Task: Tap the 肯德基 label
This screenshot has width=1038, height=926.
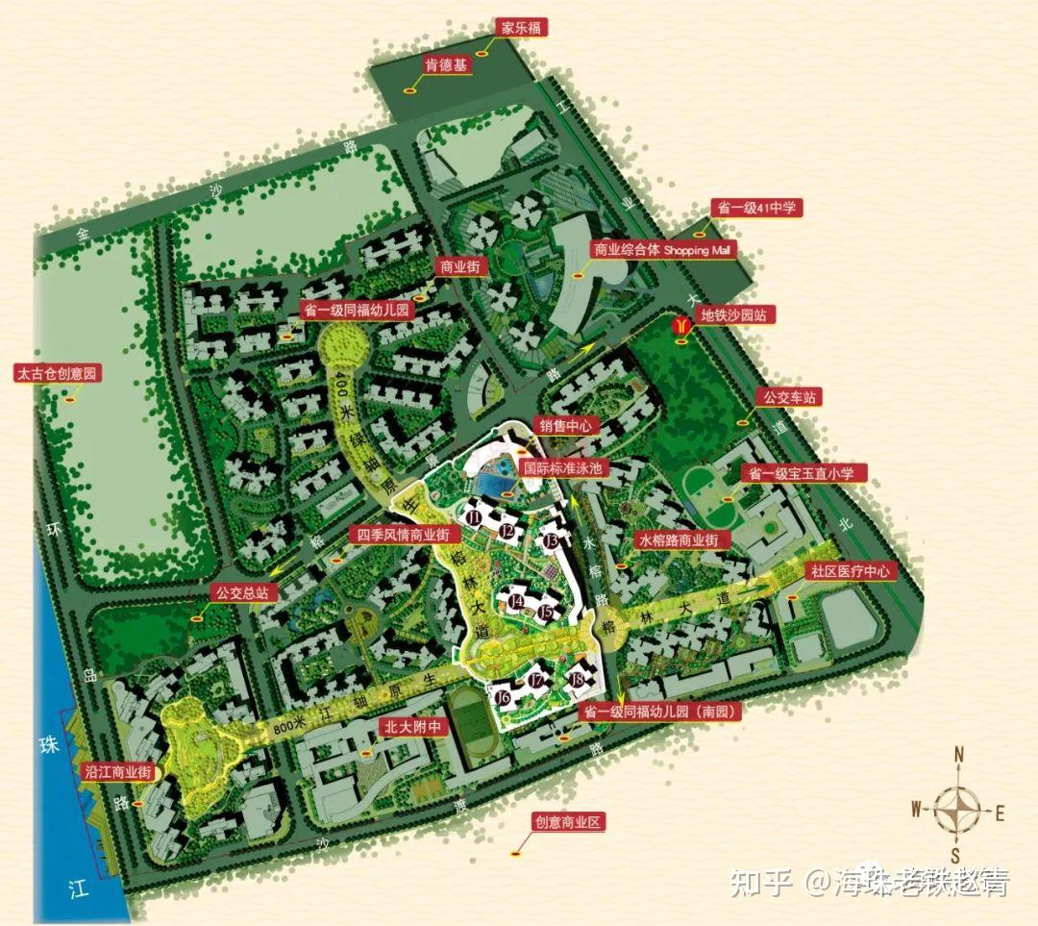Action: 446,66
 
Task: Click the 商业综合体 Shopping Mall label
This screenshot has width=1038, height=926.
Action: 663,250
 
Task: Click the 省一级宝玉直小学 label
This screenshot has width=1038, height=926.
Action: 803,473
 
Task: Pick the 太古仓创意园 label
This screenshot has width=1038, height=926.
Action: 58,373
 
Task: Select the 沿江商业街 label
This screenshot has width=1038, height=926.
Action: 118,771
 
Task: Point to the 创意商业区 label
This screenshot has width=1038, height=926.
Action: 567,823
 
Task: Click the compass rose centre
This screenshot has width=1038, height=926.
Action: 957,810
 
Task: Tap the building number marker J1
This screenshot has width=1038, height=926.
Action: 474,517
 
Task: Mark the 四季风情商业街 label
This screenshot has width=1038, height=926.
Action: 403,535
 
